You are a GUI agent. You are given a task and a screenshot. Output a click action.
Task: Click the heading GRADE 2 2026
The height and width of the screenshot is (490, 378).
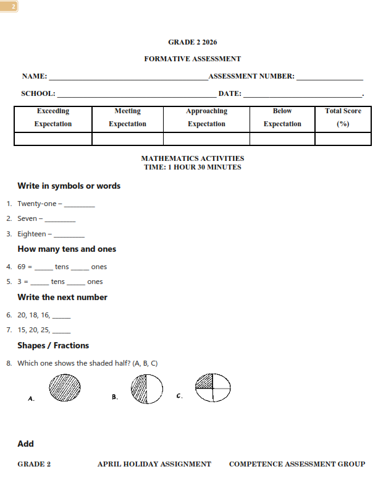(192, 43)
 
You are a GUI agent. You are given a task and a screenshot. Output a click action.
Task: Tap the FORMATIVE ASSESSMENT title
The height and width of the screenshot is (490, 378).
(192, 59)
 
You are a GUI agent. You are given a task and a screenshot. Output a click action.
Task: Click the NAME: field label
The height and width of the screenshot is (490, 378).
(35, 77)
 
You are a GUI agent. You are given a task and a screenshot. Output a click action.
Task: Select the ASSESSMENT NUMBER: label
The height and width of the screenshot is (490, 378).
(251, 77)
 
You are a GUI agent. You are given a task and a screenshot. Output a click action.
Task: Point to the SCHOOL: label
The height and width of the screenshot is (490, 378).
(38, 94)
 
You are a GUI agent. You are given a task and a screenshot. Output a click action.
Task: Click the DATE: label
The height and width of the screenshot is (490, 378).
(229, 94)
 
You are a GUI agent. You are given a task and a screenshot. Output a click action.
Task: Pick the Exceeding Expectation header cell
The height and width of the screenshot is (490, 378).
(53, 118)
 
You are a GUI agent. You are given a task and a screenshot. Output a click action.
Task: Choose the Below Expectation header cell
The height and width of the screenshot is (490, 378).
(282, 118)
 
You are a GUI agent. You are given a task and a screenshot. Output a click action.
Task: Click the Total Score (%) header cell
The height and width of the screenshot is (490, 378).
(343, 118)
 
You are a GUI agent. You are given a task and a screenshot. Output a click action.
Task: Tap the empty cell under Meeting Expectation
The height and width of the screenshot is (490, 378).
(127, 139)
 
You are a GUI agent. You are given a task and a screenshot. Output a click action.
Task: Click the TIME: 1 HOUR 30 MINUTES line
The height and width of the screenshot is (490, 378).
(192, 167)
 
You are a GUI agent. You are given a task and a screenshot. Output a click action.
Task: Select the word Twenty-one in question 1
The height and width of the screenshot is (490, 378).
(36, 204)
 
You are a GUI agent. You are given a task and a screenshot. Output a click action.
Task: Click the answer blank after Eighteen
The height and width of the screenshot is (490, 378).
(69, 235)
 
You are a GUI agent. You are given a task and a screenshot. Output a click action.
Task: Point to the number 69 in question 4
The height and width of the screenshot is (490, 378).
(22, 267)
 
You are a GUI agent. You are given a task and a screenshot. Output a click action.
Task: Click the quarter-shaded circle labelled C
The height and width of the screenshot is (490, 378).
(212, 388)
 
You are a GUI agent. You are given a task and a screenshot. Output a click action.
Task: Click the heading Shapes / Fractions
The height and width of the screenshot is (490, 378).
(53, 346)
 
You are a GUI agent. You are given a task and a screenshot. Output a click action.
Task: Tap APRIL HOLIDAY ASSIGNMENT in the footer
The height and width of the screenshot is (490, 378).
(154, 464)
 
